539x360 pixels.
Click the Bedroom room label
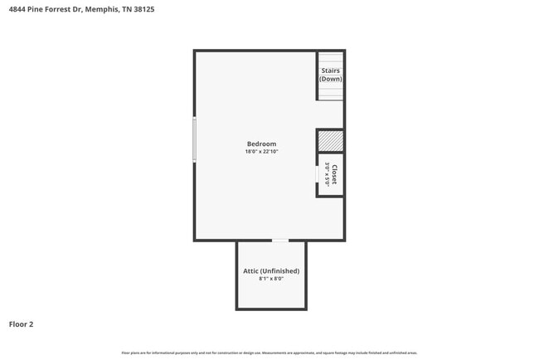pos(260,144)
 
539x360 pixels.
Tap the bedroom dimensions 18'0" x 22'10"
pos(260,152)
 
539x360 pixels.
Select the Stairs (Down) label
pos(330,75)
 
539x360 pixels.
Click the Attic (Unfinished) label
pos(271,270)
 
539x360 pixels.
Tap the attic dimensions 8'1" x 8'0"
pos(271,279)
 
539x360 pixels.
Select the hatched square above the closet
pos(330,140)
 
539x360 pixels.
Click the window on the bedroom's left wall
pos(195,139)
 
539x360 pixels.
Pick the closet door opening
pos(318,175)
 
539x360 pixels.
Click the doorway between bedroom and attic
pos(280,241)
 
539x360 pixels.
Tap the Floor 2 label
pos(22,324)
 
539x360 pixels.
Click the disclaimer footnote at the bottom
pos(269,353)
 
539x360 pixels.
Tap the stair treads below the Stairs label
pos(330,90)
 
